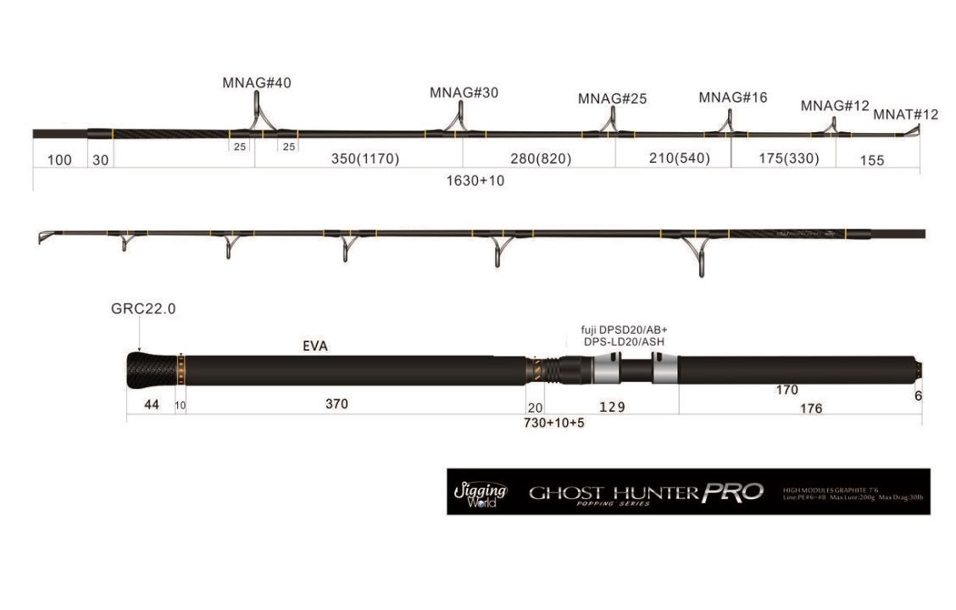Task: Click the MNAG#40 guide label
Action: coord(257,82)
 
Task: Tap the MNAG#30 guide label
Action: coord(464,93)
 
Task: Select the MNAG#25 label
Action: coord(612,99)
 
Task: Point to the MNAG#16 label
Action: coord(733,97)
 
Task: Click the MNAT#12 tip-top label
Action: coord(906,114)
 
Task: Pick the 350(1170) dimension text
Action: coord(365,159)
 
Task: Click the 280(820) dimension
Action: coord(542,159)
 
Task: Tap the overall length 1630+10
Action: coord(475,180)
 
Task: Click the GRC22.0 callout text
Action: coord(143,309)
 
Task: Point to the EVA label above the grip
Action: coord(314,347)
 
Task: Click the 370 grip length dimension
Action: coord(336,404)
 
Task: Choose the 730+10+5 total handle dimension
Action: coord(554,423)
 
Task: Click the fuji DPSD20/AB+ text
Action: coord(618,330)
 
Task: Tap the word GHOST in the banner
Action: coord(566,492)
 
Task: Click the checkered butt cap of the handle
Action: coord(151,370)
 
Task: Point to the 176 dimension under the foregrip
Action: coord(811,408)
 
